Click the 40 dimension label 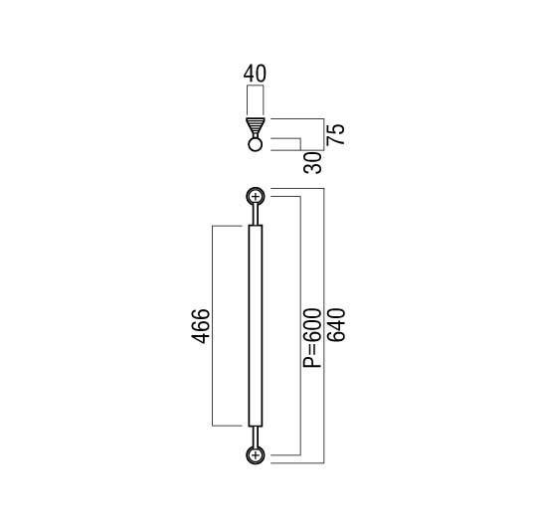click(255, 74)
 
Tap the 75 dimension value click(336, 134)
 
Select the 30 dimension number click(312, 163)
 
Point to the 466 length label click(201, 326)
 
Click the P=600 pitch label click(312, 338)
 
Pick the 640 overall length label click(336, 325)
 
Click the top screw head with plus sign click(256, 197)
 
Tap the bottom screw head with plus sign click(256, 455)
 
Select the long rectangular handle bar click(256, 326)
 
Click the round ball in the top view click(256, 144)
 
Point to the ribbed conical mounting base click(256, 127)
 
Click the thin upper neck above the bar click(256, 215)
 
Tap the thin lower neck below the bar click(256, 437)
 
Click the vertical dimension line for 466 click(212, 326)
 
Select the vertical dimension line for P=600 click(301, 326)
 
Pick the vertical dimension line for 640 click(324, 326)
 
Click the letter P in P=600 click(312, 362)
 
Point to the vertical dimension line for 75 click(324, 134)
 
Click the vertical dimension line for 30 click(301, 144)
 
